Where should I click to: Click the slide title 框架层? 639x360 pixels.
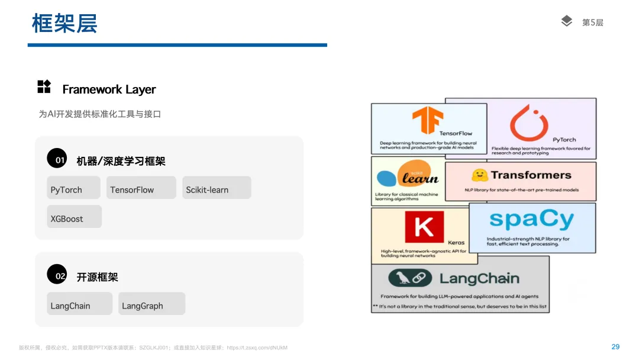click(64, 24)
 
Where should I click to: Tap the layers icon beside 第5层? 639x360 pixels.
click(566, 21)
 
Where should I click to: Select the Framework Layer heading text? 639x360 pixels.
click(109, 89)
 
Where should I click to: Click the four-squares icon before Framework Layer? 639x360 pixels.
click(44, 86)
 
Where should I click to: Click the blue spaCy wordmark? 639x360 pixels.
click(531, 220)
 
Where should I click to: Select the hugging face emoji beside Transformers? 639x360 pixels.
click(479, 175)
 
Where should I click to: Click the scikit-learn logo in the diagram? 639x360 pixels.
click(407, 177)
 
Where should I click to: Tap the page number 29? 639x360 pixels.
click(615, 347)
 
